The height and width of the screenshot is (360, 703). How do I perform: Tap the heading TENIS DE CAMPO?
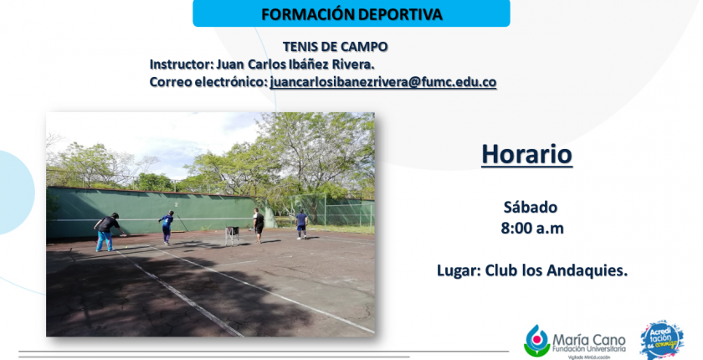pyautogui.click(x=335, y=47)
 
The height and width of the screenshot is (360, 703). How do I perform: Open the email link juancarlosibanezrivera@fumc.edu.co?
pyautogui.click(x=383, y=83)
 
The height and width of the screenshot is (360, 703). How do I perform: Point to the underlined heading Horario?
pyautogui.click(x=526, y=155)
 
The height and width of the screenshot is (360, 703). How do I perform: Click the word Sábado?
pyautogui.click(x=531, y=207)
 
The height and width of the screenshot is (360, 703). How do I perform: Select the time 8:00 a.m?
pyautogui.click(x=532, y=229)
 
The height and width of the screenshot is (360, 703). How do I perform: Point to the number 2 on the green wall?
pyautogui.click(x=177, y=204)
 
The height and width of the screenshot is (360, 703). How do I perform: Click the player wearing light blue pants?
pyautogui.click(x=107, y=232)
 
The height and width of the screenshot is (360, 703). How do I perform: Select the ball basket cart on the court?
pyautogui.click(x=232, y=235)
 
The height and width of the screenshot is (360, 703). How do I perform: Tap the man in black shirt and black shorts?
pyautogui.click(x=258, y=225)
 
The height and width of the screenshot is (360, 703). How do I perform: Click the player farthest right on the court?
pyautogui.click(x=302, y=224)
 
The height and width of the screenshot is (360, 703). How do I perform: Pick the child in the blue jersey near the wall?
pyautogui.click(x=167, y=227)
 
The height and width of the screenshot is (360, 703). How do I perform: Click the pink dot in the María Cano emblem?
pyautogui.click(x=537, y=340)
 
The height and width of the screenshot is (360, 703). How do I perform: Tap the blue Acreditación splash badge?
pyautogui.click(x=662, y=339)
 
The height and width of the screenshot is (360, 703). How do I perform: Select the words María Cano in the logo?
pyautogui.click(x=588, y=340)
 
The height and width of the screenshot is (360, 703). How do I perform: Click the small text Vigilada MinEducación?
pyautogui.click(x=588, y=357)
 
